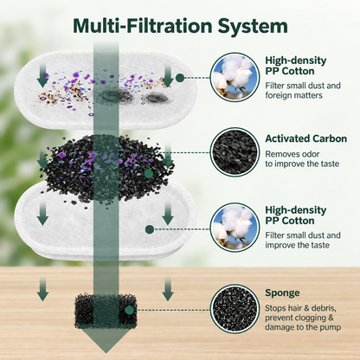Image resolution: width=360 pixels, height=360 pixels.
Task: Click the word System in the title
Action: point(253,27)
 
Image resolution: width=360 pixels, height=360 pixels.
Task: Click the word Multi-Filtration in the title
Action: point(143,26)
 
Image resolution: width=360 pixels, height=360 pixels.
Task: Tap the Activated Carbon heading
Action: point(306,138)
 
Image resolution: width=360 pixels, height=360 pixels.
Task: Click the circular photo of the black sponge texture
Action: point(235,309)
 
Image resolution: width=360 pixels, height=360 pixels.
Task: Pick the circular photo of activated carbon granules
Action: point(235,152)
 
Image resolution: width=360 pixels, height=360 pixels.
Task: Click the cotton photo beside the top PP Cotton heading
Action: point(235,77)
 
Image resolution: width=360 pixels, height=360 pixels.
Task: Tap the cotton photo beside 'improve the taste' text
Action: point(235,228)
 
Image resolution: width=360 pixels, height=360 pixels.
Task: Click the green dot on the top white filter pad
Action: point(180,78)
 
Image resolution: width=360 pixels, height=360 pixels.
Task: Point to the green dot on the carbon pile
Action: point(148,173)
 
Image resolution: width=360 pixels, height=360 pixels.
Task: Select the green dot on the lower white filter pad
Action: point(150,229)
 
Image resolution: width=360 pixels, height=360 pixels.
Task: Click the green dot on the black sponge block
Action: point(130,310)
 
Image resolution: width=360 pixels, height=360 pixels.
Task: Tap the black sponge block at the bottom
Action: point(106,311)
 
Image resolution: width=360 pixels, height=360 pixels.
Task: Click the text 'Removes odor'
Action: point(292,154)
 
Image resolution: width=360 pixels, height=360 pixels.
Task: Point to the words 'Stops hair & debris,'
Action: point(300,308)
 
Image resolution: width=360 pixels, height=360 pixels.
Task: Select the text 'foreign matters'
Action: point(293,95)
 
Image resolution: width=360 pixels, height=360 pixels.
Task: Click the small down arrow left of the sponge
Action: point(42,289)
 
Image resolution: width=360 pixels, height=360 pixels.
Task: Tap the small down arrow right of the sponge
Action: point(168,289)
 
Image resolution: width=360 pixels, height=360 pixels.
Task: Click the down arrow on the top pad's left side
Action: point(42,76)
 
